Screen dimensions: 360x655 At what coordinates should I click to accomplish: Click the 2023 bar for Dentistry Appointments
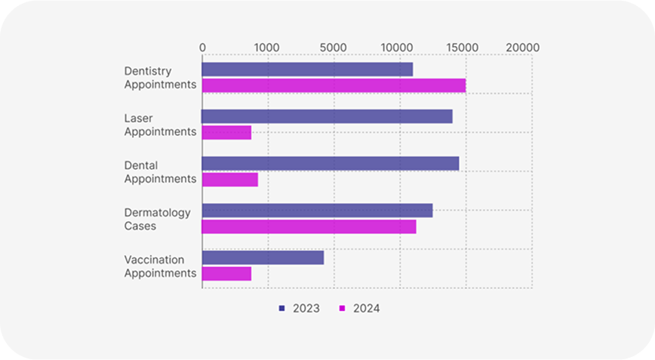click(x=307, y=69)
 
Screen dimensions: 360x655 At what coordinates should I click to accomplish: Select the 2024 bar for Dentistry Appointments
click(x=334, y=85)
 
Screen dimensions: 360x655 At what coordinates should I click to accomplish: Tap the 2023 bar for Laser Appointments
click(x=327, y=116)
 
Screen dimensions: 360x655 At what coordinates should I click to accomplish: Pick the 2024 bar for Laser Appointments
click(x=226, y=133)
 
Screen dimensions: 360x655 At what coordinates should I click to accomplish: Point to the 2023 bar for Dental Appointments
click(x=330, y=164)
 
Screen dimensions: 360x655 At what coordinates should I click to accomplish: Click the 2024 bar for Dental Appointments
click(x=229, y=180)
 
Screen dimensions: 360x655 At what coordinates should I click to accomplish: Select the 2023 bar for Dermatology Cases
click(x=317, y=211)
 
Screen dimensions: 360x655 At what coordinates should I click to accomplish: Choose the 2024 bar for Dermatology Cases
click(x=309, y=226)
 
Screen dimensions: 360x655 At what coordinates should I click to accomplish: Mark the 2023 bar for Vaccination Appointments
click(x=263, y=257)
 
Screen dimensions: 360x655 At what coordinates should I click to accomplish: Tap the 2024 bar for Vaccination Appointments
click(x=226, y=273)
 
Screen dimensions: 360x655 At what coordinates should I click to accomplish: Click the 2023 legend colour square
click(x=282, y=309)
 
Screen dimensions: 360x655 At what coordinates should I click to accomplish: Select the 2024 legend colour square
click(x=342, y=309)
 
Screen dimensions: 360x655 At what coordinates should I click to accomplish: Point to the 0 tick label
click(x=202, y=48)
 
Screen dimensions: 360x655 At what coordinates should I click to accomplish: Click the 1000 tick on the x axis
click(x=266, y=48)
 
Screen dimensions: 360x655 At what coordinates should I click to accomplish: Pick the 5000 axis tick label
click(x=334, y=48)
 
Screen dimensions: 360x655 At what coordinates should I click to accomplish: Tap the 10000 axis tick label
click(x=396, y=48)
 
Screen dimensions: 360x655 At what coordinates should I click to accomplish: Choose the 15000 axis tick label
click(x=462, y=48)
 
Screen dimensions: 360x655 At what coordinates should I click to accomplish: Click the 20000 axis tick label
click(x=523, y=48)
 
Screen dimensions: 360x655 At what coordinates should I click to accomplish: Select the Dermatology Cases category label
click(x=157, y=219)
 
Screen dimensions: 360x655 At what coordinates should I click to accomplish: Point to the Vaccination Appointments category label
click(x=160, y=266)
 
